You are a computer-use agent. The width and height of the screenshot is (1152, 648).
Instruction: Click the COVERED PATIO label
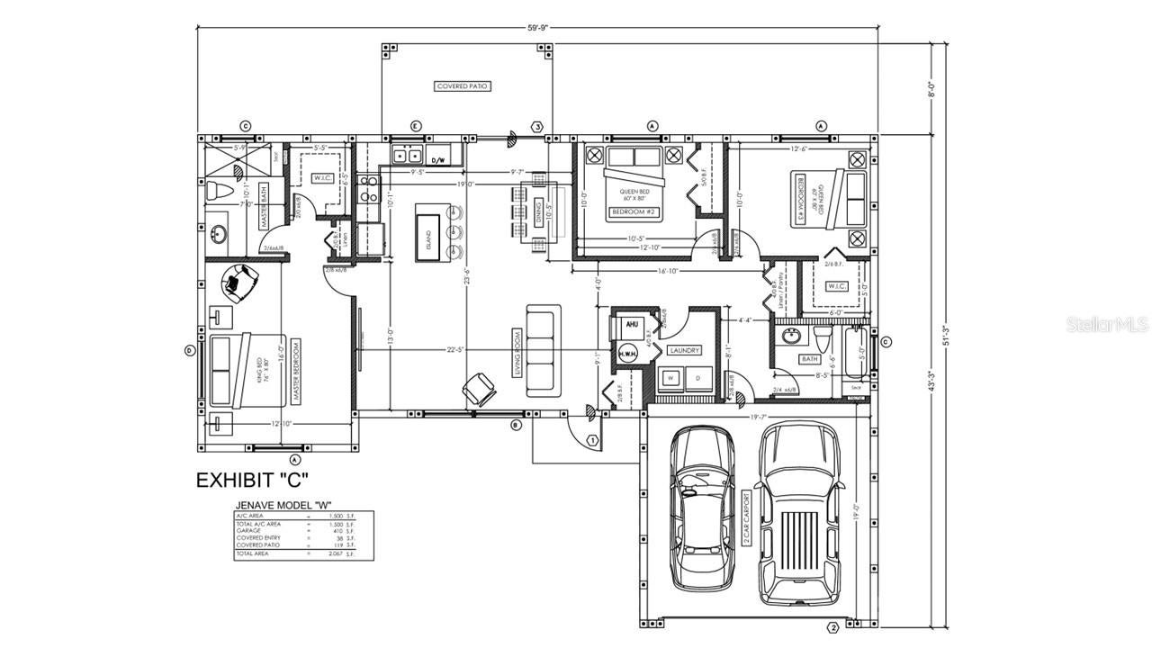pyautogui.click(x=463, y=86)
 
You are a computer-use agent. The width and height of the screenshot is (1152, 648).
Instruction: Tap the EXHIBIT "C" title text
pyautogui.click(x=254, y=480)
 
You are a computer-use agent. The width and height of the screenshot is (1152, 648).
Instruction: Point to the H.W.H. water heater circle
pyautogui.click(x=627, y=355)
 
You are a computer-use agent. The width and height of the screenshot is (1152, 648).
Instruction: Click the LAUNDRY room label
pyautogui.click(x=685, y=350)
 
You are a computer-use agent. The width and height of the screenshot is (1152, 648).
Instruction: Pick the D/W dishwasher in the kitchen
pyautogui.click(x=439, y=159)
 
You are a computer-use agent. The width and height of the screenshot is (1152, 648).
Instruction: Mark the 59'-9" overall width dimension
pyautogui.click(x=537, y=27)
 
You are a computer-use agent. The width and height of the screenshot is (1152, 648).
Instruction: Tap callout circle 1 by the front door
pyautogui.click(x=592, y=440)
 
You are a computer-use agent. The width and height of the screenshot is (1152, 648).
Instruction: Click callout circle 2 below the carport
pyautogui.click(x=832, y=627)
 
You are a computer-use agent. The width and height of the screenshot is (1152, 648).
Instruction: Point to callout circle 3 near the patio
pyautogui.click(x=538, y=127)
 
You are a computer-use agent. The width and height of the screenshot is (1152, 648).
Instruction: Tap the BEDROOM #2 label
pyautogui.click(x=635, y=211)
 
